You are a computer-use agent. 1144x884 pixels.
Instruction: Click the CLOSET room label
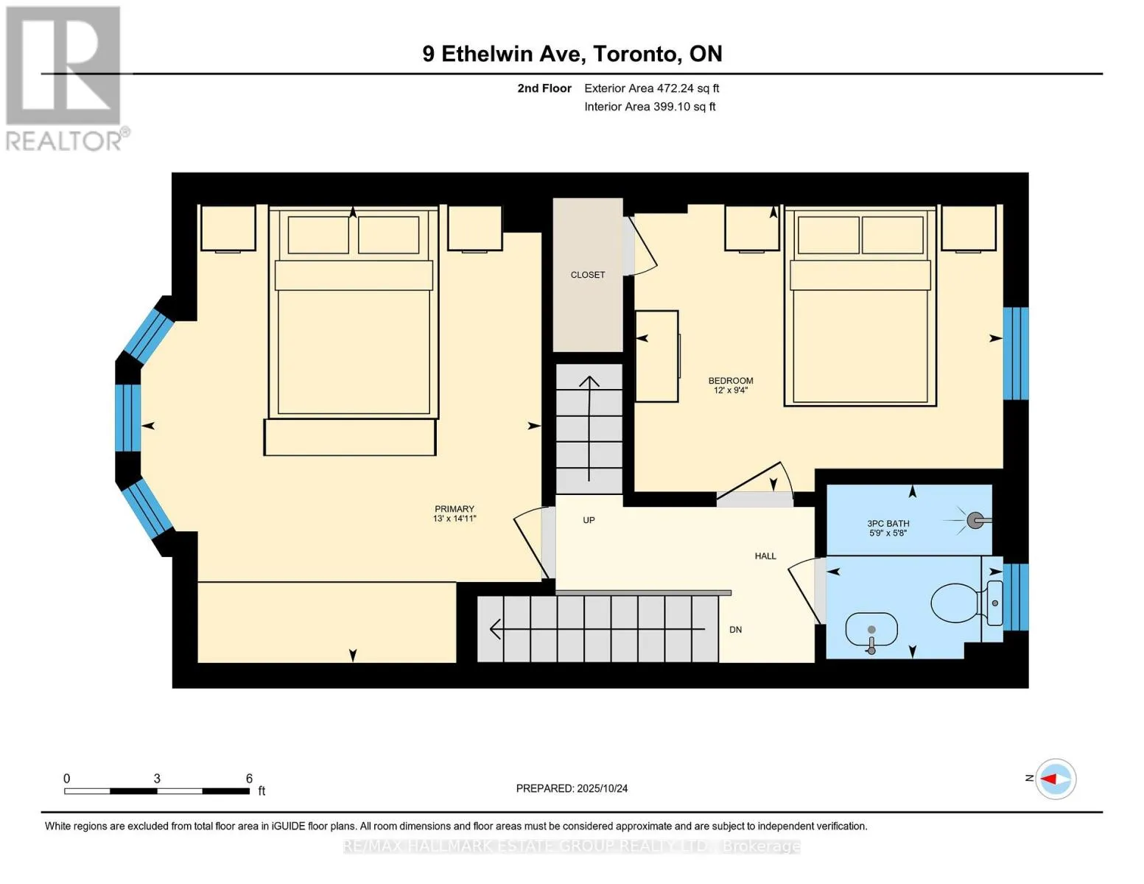point(588,275)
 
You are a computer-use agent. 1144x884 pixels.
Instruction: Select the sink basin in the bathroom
point(871,631)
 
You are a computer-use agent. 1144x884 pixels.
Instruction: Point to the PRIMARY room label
point(455,509)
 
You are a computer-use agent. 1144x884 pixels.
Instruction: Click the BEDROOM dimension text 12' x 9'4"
point(731,390)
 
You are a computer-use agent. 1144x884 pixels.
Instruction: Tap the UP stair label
point(589,520)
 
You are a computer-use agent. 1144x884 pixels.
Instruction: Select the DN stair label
point(735,630)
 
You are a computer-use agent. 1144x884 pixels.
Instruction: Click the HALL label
point(765,556)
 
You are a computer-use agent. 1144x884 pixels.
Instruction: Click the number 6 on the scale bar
point(249,778)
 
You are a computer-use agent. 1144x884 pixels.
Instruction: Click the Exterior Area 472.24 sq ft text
point(652,88)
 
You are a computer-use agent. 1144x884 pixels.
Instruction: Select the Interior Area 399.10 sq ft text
point(650,107)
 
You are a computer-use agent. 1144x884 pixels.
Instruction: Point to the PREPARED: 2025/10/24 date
point(572,788)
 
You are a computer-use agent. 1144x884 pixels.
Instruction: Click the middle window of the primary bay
point(128,418)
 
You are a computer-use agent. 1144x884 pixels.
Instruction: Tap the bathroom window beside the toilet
point(1016,597)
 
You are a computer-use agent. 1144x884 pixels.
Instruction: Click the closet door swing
point(640,246)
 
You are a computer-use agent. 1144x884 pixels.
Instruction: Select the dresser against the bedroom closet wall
point(657,357)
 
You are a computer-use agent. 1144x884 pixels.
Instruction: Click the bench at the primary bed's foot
point(350,437)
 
